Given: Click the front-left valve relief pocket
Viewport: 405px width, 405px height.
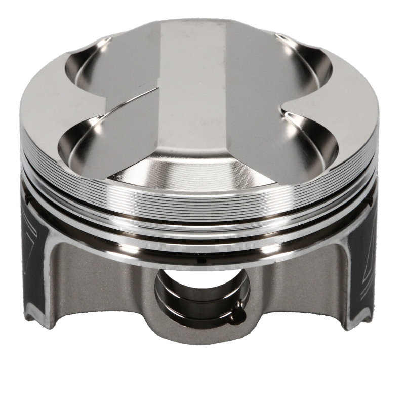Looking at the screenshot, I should (x=84, y=147).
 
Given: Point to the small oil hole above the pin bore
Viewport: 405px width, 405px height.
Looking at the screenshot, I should (x=201, y=261).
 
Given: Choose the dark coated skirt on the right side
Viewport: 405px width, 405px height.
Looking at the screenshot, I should (x=370, y=263).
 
